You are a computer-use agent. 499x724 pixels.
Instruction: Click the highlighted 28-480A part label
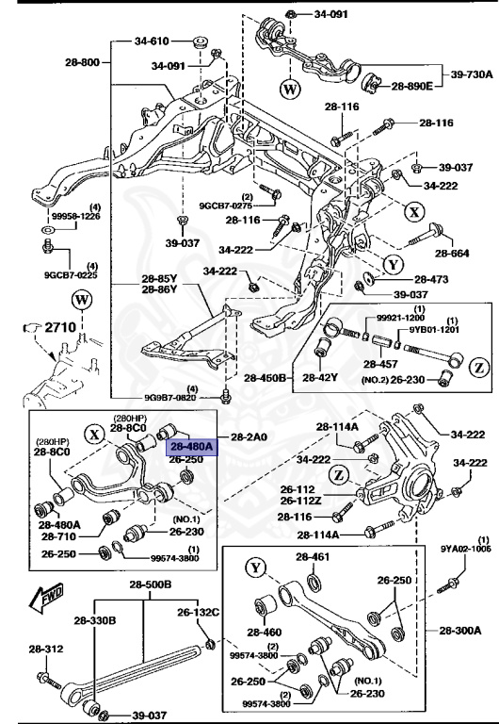pyautogui.click(x=192, y=446)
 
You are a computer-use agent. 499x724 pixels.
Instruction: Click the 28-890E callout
pyautogui.click(x=412, y=86)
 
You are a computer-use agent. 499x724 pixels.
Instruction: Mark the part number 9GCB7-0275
pyautogui.click(x=226, y=205)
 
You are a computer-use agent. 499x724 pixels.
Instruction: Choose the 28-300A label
pyautogui.click(x=459, y=629)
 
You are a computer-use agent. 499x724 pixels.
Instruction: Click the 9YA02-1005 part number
pyautogui.click(x=467, y=547)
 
